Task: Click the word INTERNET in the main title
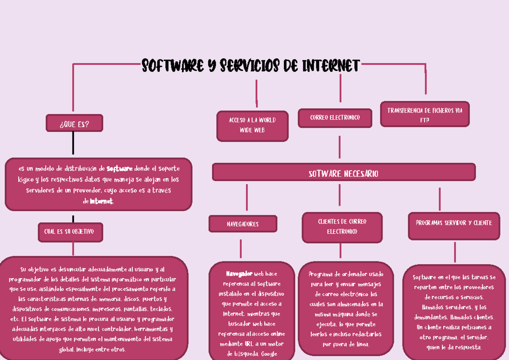[331, 65]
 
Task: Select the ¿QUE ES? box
[74, 123]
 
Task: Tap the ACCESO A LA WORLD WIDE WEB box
[252, 126]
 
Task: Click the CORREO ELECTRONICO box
[335, 118]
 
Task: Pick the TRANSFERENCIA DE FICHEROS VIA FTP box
[425, 114]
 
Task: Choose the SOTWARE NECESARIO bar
[344, 172]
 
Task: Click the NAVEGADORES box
[243, 224]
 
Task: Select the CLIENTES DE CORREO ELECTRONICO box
[342, 228]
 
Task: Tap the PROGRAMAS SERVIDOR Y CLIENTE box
[454, 226]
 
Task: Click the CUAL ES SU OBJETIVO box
[70, 232]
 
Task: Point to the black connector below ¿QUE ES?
[73, 143]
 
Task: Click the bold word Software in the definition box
[120, 169]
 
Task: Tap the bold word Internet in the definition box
[101, 201]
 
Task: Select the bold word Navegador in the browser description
[239, 273]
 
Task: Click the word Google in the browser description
[269, 354]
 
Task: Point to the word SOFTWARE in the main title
[173, 65]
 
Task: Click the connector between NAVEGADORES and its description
[241, 248]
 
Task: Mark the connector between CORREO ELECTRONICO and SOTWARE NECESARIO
[339, 147]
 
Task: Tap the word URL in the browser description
[249, 344]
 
